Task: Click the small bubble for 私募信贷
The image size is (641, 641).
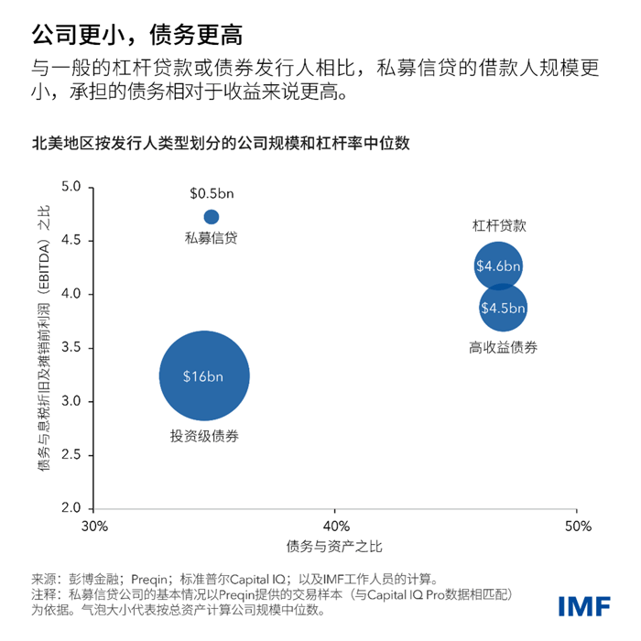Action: [211, 217]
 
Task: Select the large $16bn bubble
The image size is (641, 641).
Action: [204, 376]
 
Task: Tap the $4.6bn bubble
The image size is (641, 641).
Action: [498, 266]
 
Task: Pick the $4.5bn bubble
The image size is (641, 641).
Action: [503, 307]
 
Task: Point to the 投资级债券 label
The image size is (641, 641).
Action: [204, 436]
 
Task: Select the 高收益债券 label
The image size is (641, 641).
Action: [503, 347]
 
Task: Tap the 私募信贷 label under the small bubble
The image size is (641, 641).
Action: [211, 238]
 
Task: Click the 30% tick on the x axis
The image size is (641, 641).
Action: [95, 527]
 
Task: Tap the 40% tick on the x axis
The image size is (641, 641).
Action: [335, 527]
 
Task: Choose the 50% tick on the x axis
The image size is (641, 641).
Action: [575, 527]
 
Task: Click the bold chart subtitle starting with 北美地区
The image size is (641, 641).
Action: [220, 143]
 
